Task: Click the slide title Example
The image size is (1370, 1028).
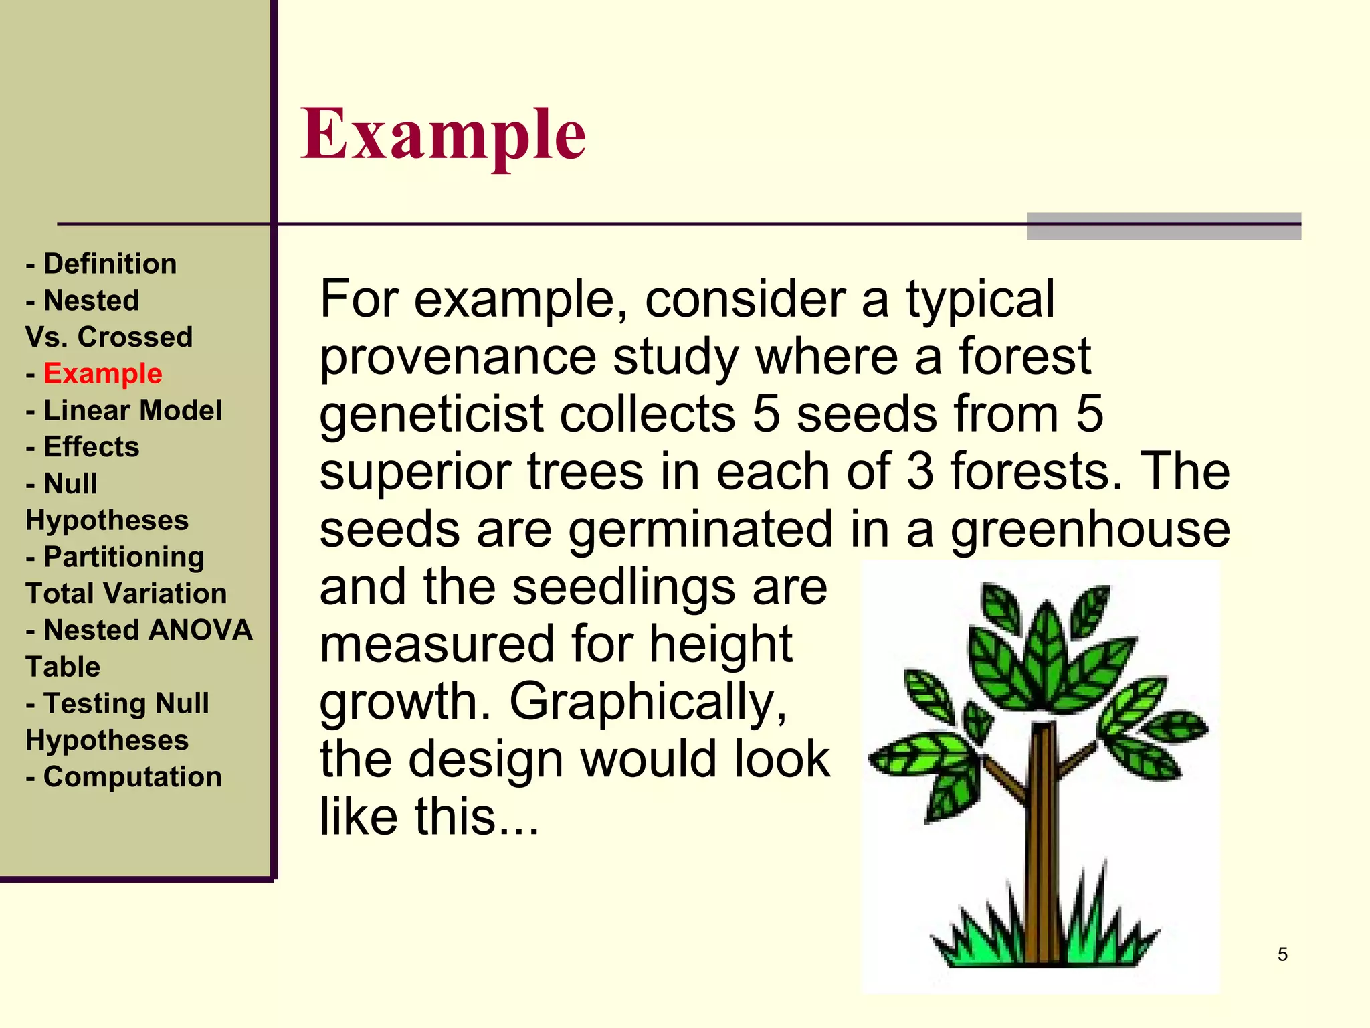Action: [443, 135]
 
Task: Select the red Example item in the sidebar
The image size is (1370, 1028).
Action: [102, 373]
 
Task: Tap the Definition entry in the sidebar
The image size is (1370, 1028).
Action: [110, 264]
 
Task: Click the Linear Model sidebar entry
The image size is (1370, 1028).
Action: [132, 410]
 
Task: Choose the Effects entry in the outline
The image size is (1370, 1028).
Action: [91, 447]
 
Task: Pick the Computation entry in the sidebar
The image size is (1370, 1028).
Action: [132, 777]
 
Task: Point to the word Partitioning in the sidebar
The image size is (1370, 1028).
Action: [124, 558]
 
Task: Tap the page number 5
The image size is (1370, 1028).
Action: [1282, 954]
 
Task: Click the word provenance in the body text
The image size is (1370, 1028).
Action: [458, 358]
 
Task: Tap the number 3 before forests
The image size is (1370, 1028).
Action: [920, 471]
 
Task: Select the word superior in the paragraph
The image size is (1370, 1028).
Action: [415, 473]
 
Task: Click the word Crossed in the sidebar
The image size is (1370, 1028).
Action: [135, 337]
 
